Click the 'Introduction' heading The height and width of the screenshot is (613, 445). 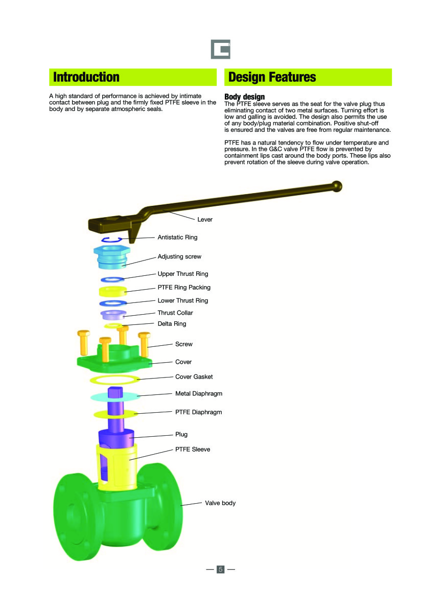click(86, 78)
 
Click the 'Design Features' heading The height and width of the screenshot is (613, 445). click(272, 78)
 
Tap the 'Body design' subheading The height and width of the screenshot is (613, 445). click(245, 97)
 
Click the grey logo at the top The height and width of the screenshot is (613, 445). click(221, 50)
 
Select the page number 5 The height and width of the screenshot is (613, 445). click(221, 569)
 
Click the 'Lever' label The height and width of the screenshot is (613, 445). click(205, 220)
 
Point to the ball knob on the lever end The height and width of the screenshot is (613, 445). click(337, 186)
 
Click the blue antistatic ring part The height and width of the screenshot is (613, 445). click(110, 240)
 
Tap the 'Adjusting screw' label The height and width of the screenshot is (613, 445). click(179, 256)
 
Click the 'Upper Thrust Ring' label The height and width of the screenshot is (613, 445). click(183, 274)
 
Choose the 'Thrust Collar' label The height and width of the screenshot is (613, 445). click(175, 313)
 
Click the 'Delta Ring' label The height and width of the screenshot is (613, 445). click(172, 324)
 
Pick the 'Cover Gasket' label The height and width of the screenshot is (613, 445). click(194, 377)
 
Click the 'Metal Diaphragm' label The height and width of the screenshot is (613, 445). click(199, 394)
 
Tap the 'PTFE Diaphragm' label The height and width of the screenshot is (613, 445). click(199, 412)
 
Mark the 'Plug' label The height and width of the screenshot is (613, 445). click(181, 434)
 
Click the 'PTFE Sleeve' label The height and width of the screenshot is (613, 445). click(193, 450)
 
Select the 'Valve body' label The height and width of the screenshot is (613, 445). click(220, 503)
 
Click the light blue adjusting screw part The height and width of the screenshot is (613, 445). click(112, 258)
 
